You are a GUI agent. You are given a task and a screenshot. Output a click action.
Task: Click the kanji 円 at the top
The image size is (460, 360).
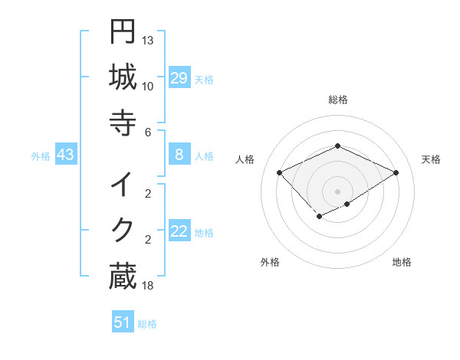[123, 33]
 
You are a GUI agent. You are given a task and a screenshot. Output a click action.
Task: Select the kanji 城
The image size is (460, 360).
[123, 77]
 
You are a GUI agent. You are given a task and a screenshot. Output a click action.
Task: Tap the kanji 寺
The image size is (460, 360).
[123, 122]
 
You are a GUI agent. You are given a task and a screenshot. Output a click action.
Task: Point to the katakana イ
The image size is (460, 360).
[123, 185]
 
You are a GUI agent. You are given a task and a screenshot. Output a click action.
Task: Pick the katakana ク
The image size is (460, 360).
[123, 230]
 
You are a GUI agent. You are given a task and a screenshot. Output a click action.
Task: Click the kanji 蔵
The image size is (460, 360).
[123, 276]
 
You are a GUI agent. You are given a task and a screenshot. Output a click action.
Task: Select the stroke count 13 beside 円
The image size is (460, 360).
[148, 40]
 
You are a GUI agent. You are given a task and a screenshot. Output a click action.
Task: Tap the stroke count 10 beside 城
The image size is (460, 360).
[148, 86]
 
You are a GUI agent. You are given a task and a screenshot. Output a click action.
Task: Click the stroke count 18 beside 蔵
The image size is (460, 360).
[148, 286]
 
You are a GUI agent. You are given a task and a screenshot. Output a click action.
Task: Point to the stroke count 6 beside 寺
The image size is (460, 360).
[148, 132]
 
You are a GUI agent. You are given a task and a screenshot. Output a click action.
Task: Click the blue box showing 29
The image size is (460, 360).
[179, 78]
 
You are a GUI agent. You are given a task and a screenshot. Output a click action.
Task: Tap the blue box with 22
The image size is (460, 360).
[179, 231]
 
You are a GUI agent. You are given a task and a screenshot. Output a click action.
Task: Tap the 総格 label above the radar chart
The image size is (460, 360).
[338, 100]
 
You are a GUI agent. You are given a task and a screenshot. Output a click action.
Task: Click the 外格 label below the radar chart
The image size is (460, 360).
[270, 262]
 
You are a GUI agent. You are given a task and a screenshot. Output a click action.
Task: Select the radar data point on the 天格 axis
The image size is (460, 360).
[396, 172]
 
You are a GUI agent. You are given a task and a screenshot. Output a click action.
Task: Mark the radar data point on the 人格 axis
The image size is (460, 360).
[280, 172]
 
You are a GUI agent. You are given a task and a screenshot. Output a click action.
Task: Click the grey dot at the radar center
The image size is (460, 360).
[338, 191]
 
